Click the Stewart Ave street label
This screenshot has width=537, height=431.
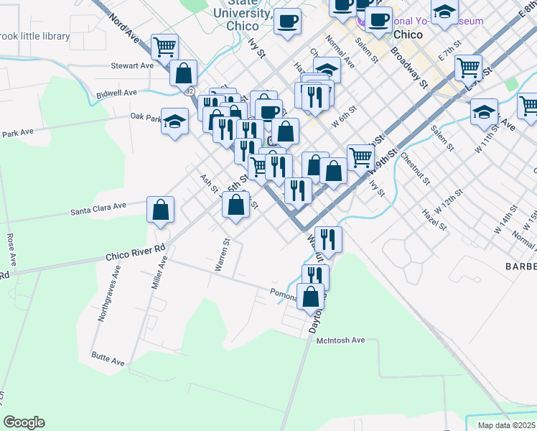tap(132, 65)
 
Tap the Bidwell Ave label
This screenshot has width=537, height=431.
tap(116, 93)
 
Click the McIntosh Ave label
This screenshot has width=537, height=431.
tap(341, 340)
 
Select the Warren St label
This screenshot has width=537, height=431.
tap(221, 256)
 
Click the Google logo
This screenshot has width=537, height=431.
tap(24, 422)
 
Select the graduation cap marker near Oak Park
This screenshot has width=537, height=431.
tap(174, 121)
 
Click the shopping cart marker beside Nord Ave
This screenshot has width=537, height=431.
tap(164, 47)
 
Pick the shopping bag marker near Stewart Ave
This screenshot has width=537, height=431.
tap(184, 73)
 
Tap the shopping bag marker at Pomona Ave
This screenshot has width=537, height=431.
tap(311, 297)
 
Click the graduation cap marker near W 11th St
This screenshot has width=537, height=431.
tap(485, 111)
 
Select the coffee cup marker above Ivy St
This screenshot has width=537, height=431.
tap(288, 22)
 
